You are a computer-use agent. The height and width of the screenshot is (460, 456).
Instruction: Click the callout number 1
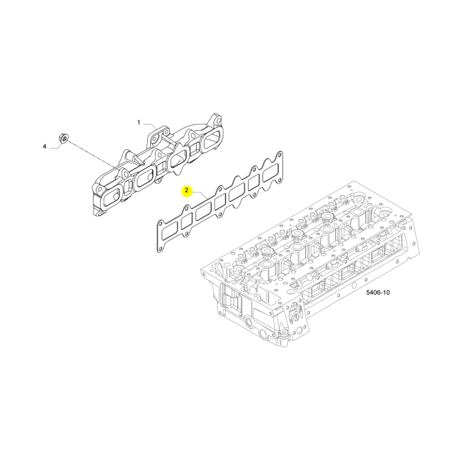139,122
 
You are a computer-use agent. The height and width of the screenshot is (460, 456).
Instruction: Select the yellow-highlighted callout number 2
186,191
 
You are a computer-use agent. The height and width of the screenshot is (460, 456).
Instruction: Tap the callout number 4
44,146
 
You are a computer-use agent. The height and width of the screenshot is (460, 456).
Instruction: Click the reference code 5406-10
378,292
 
